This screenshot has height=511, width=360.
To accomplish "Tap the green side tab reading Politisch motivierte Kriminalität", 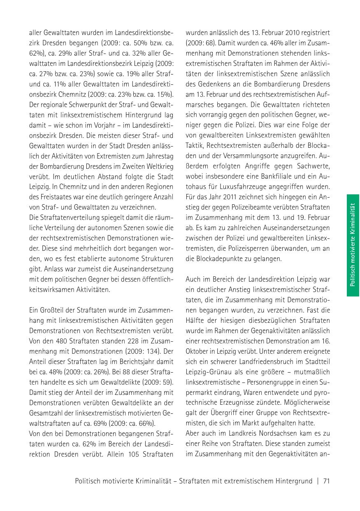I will pos(353,245).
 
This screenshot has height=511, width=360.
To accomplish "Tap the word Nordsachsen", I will pos(270,433).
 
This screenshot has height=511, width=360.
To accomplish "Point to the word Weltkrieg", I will pos(157,165).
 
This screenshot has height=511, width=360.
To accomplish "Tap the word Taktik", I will pos(194,145).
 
